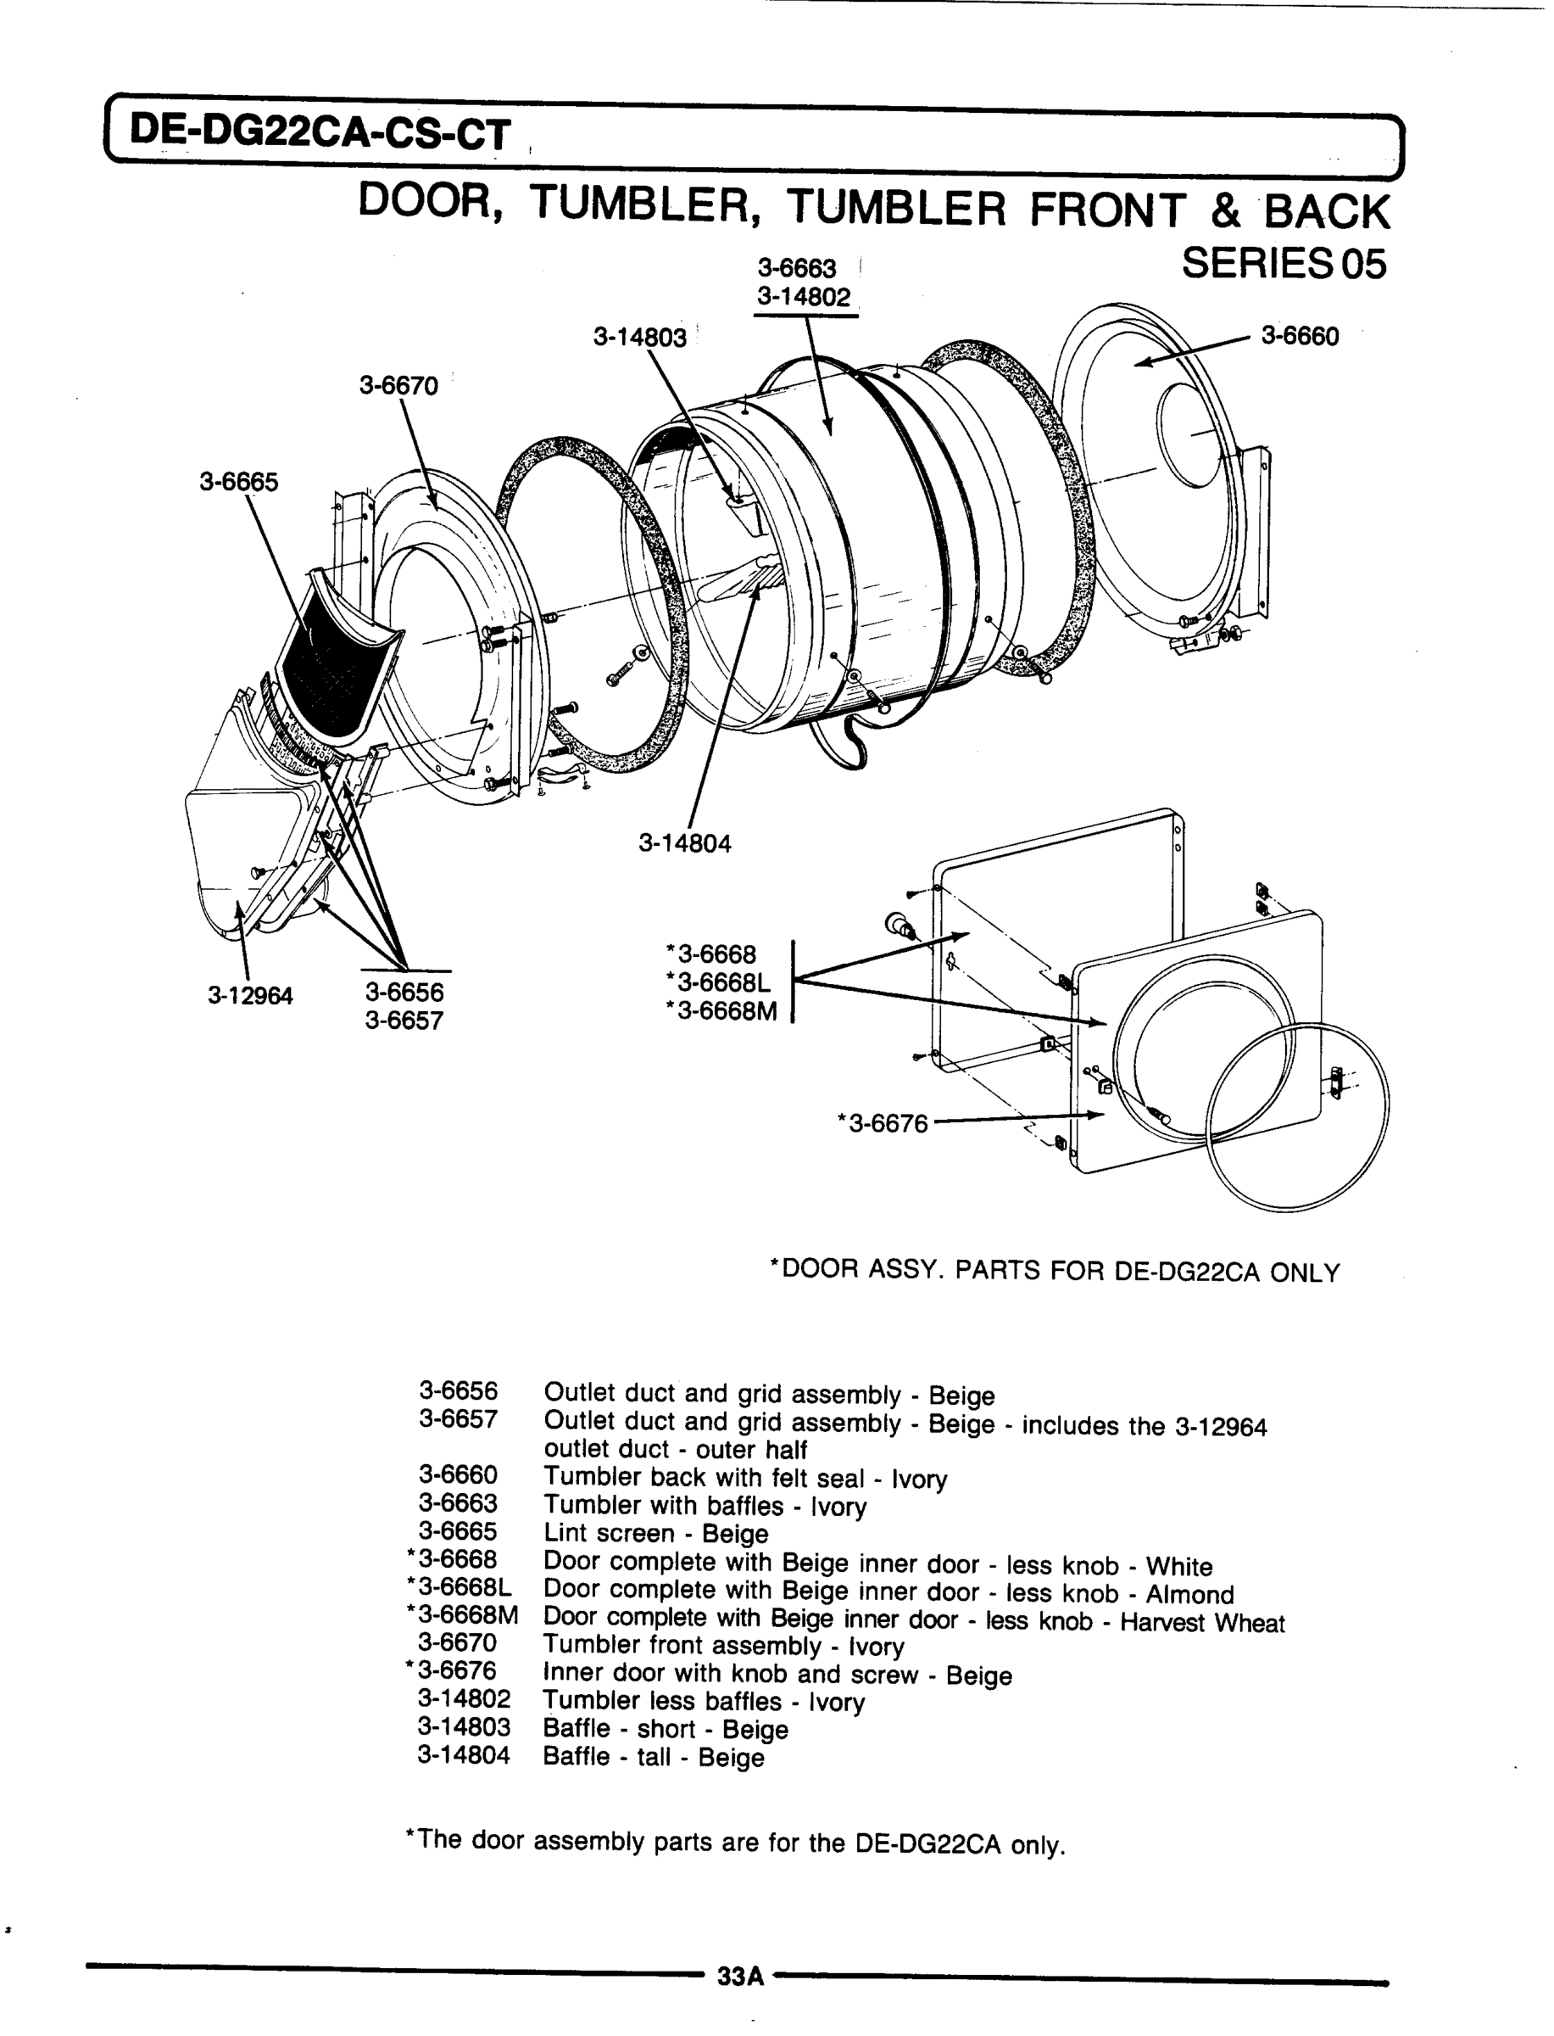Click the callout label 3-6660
(1300, 336)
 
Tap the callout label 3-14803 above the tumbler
(640, 338)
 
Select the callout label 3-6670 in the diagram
(398, 386)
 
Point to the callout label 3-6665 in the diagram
(238, 482)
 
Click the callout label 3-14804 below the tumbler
(684, 844)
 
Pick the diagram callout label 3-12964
(250, 996)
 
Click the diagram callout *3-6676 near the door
(883, 1123)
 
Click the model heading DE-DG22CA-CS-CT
(319, 135)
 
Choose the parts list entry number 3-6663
(458, 1504)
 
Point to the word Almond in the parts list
(1189, 1595)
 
